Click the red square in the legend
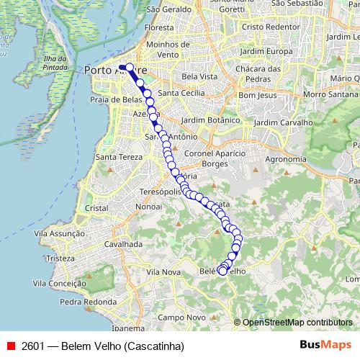(x=9, y=346)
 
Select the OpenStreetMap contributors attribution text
(x=297, y=323)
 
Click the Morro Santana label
(x=327, y=94)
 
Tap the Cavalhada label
(x=121, y=244)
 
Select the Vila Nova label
(x=163, y=272)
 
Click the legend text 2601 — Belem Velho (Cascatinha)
(x=102, y=346)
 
